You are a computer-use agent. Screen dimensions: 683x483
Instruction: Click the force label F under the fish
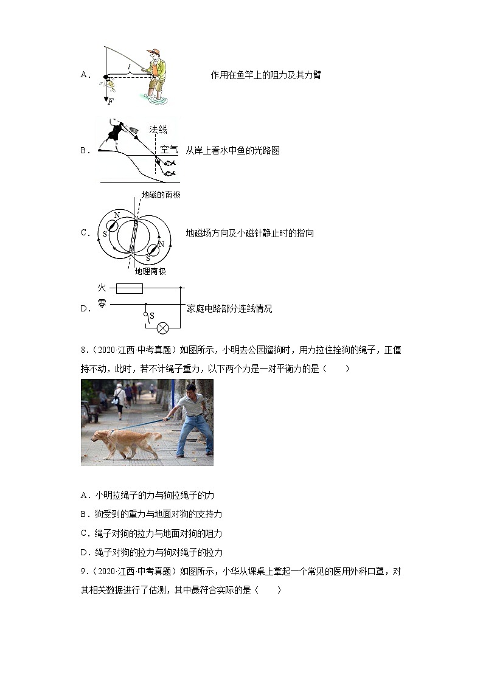[110, 102]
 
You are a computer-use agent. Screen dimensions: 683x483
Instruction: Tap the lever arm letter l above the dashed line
[128, 66]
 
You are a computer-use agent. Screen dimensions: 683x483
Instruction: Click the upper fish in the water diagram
[170, 163]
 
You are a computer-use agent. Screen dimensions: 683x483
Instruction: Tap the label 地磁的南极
[161, 195]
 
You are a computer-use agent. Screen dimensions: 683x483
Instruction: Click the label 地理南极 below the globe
[150, 271]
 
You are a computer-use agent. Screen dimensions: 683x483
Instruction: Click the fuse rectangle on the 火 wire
[129, 288]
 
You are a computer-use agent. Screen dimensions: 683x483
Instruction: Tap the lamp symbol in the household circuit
[162, 328]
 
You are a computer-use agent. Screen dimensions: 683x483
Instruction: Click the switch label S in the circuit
[151, 316]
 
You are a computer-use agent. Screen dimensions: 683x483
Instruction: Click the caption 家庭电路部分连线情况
[229, 308]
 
